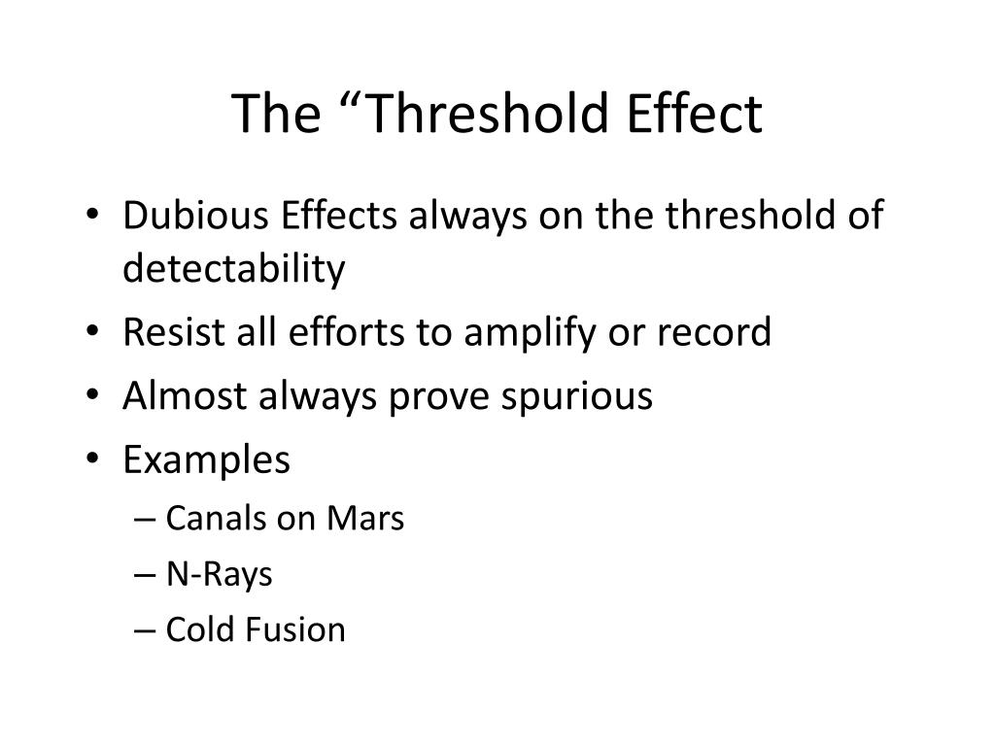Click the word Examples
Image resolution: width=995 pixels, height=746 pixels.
point(206,459)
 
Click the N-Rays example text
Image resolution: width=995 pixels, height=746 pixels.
point(219,574)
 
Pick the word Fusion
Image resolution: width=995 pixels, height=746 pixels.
point(300,629)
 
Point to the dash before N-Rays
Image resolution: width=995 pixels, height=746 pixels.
point(146,575)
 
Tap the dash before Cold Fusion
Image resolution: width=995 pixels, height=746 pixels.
point(146,630)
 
